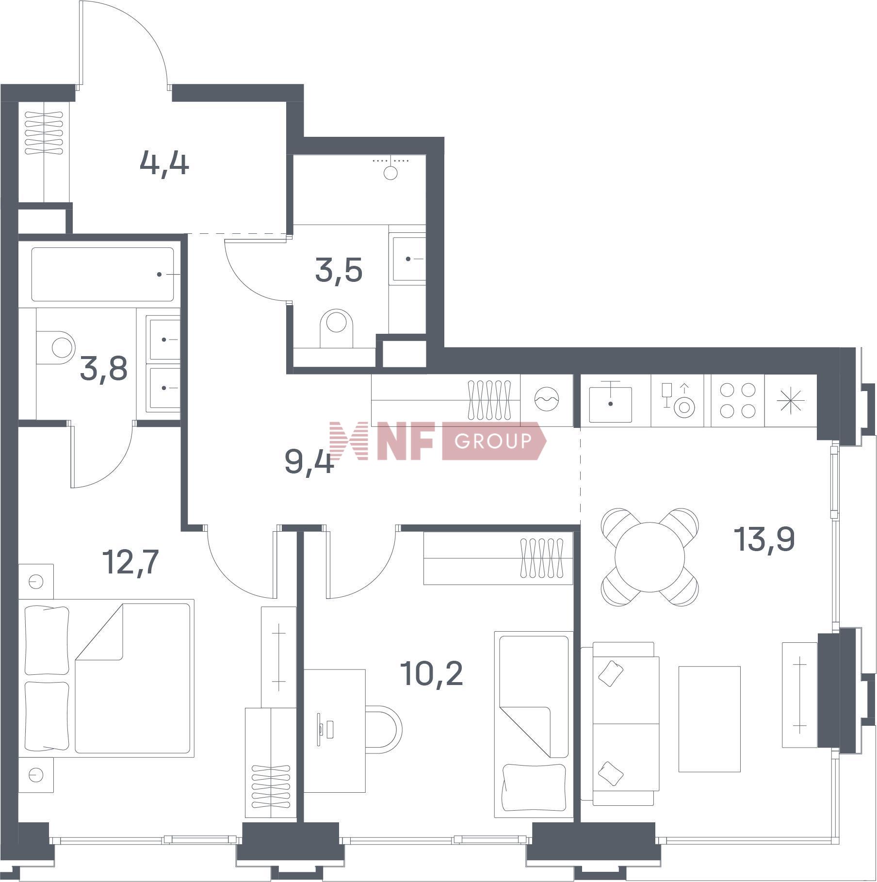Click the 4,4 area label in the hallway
(x=164, y=163)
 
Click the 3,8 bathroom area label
(x=104, y=369)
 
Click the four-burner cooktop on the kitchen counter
(x=738, y=401)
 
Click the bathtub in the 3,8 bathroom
(x=103, y=275)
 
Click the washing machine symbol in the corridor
(x=547, y=400)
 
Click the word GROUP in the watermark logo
(x=493, y=441)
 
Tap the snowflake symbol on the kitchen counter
(x=791, y=401)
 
